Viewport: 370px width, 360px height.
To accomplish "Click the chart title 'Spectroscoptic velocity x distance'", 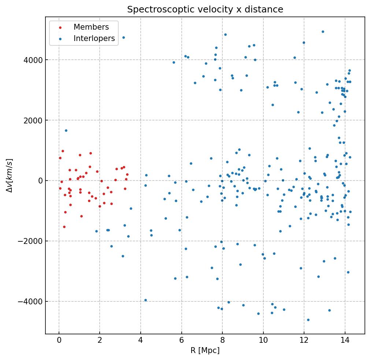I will click(205, 10).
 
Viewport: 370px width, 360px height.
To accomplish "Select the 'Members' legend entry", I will click(91, 27).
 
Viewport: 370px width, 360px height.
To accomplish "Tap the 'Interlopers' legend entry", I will click(94, 38).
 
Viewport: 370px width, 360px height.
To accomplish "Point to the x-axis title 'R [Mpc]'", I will click(205, 350).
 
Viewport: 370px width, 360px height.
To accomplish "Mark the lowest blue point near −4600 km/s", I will click(308, 320).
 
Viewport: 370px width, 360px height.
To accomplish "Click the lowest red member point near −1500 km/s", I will click(64, 227).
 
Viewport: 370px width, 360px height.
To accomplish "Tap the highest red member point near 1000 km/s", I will click(63, 151).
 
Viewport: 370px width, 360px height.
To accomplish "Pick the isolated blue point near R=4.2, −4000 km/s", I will click(145, 300).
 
